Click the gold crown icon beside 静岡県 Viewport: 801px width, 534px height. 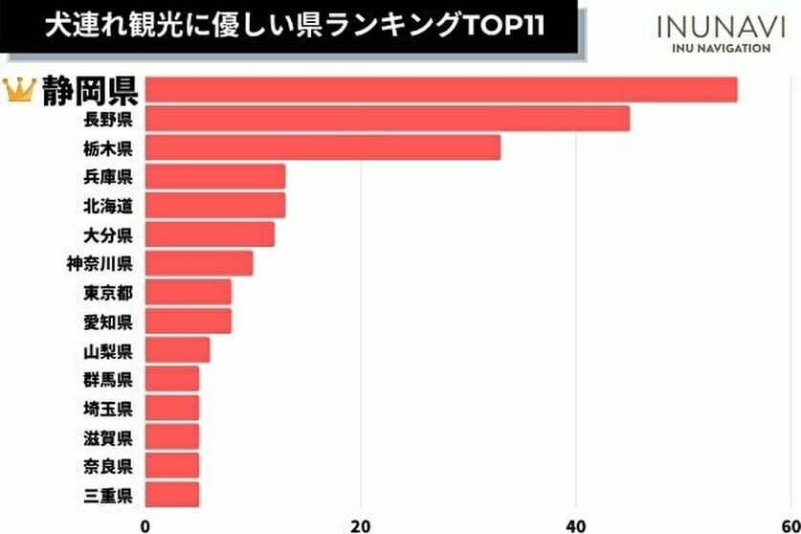pyautogui.click(x=19, y=90)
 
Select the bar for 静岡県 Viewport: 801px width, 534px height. pyautogui.click(x=441, y=90)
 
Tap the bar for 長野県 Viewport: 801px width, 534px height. pyautogui.click(x=388, y=119)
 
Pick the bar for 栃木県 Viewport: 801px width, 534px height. pyautogui.click(x=323, y=147)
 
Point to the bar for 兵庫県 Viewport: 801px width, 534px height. pyautogui.click(x=215, y=176)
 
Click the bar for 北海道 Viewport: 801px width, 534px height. pyautogui.click(x=215, y=205)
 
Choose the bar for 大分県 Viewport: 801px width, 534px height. pyautogui.click(x=210, y=234)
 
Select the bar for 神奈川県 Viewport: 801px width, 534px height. pyautogui.click(x=199, y=262)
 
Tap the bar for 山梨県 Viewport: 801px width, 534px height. pyautogui.click(x=177, y=350)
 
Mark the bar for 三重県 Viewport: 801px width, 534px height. pyautogui.click(x=172, y=495)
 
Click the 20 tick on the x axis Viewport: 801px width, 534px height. pyautogui.click(x=361, y=523)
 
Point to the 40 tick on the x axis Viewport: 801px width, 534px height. pyautogui.click(x=576, y=523)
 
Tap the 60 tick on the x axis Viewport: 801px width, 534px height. pyautogui.click(x=789, y=523)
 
